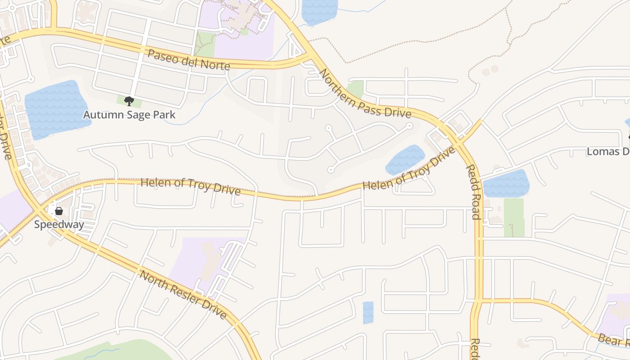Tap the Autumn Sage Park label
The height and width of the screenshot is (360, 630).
pos(129,115)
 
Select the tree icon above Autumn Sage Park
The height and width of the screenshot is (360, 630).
pos(129,101)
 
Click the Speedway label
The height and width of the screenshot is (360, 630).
pos(59,225)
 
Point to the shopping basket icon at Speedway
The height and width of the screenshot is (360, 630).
pos(59,211)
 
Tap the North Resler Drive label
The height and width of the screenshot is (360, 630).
pos(183,294)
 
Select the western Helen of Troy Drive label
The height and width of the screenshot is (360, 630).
pos(190,186)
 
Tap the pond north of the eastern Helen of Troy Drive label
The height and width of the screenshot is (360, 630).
pos(405,159)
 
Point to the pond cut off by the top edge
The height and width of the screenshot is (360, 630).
pos(319,11)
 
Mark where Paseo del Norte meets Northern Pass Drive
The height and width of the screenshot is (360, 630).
pos(310,56)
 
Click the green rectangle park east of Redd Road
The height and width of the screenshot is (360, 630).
pos(514,217)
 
